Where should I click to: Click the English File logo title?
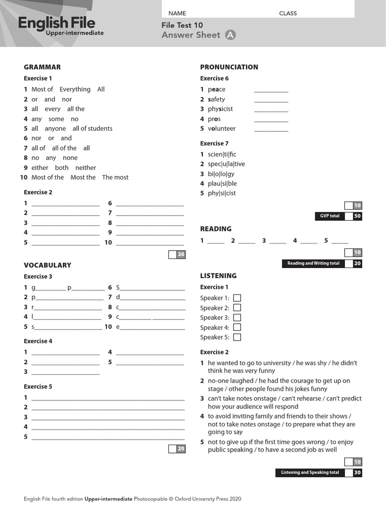click(56, 23)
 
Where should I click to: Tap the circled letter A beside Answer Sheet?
click(230, 35)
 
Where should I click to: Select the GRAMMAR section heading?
click(42, 67)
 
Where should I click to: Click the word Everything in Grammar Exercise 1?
click(75, 89)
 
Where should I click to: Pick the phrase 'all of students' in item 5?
click(92, 128)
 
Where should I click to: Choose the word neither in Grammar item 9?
click(85, 167)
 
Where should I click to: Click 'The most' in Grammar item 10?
click(115, 177)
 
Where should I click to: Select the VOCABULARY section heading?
click(47, 265)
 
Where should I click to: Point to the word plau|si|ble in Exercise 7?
click(222, 184)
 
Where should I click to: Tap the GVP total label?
click(330, 216)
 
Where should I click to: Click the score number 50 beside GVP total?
click(357, 216)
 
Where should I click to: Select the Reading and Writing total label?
click(313, 263)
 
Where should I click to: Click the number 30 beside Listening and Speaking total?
click(357, 473)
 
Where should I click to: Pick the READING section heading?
click(216, 229)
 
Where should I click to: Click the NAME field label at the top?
click(177, 13)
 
